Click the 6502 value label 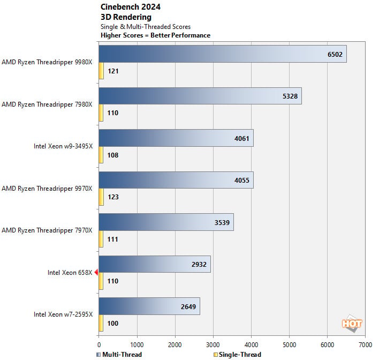[x=335, y=55]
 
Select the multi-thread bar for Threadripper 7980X [x=200, y=96]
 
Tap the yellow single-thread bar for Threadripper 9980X [x=101, y=71]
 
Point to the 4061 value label [x=242, y=138]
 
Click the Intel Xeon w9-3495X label [x=63, y=146]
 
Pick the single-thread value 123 [x=113, y=197]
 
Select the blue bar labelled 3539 [x=166, y=222]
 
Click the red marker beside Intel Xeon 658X [x=96, y=273]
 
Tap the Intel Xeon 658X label [x=70, y=273]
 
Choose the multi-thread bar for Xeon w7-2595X [x=149, y=306]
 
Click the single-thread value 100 [x=113, y=323]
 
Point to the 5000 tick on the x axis [x=289, y=345]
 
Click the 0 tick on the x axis [x=99, y=345]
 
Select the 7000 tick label [x=365, y=345]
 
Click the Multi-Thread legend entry [x=119, y=355]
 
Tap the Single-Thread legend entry [x=237, y=355]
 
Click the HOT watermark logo [x=352, y=324]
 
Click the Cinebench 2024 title [x=131, y=7]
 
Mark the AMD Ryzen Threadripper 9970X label [x=47, y=189]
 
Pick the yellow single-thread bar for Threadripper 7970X [x=101, y=239]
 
